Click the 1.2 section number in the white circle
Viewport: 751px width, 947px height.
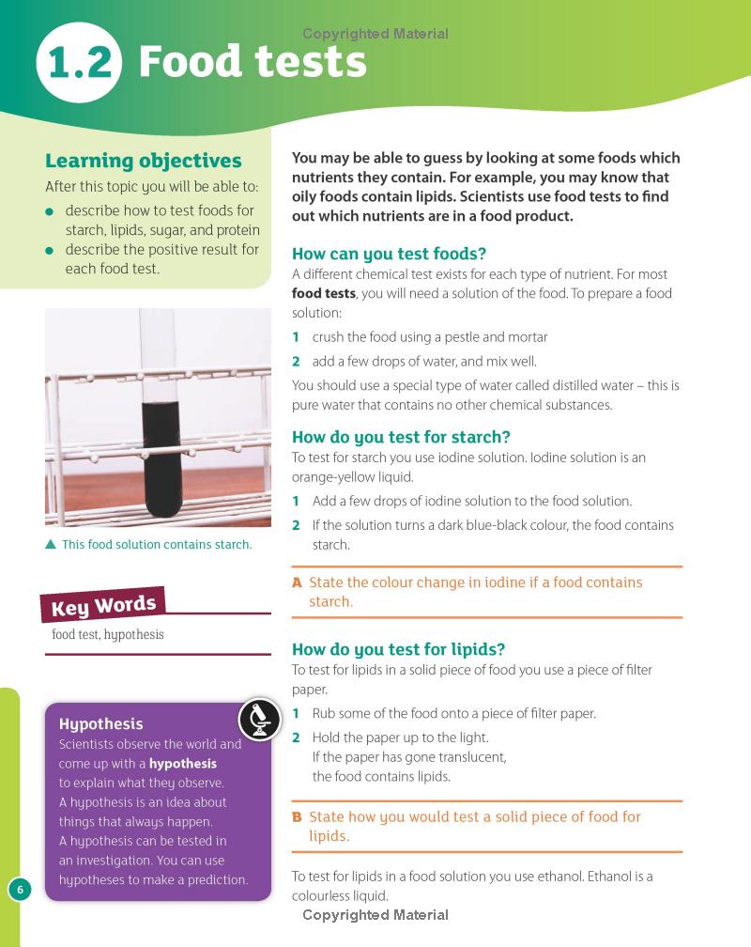click(79, 63)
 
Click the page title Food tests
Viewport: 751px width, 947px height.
click(253, 62)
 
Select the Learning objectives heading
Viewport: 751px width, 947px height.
click(143, 161)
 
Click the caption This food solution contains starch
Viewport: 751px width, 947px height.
click(156, 545)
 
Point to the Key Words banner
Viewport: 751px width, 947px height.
click(102, 604)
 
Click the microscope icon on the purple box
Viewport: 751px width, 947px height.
click(260, 719)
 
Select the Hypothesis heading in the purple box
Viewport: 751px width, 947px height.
click(100, 723)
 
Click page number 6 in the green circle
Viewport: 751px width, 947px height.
click(20, 889)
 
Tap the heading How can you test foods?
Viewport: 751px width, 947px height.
click(389, 254)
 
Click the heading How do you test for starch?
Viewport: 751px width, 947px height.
click(401, 437)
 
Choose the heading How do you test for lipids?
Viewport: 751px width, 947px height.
click(398, 649)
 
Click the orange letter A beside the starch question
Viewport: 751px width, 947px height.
click(297, 582)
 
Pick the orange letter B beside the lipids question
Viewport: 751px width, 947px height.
click(297, 817)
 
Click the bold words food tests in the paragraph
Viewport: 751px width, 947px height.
click(324, 293)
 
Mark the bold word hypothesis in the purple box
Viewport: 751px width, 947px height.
click(182, 764)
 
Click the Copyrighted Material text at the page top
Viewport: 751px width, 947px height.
click(375, 34)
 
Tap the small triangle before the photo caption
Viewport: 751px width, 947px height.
click(51, 545)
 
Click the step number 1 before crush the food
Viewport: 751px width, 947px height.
click(296, 337)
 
